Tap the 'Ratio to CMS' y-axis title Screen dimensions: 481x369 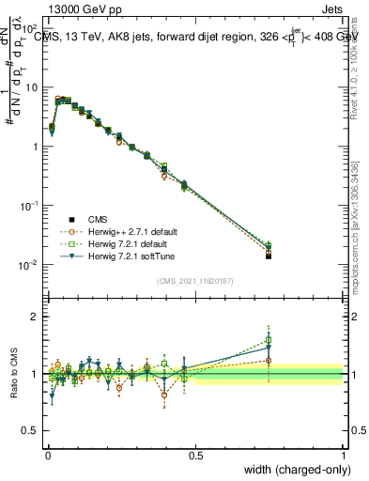coord(14,375)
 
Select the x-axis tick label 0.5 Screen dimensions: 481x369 coord(195,455)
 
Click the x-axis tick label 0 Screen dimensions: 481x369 coord(47,455)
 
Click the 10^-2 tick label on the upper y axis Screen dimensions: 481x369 coord(28,265)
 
